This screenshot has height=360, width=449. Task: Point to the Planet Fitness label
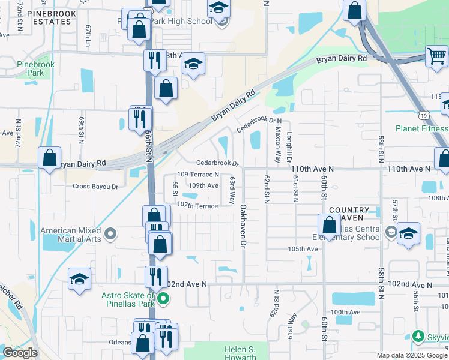pos(421,128)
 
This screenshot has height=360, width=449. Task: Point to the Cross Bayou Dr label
pos(95,187)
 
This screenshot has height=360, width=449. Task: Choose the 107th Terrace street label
pos(197,205)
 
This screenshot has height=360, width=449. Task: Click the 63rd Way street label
pos(231,190)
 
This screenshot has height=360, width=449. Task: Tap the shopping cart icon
pos(437,57)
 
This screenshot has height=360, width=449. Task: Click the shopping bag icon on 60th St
pos(329,225)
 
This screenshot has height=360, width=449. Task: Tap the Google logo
pos(20,353)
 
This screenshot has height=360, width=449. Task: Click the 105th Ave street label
pos(303,248)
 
